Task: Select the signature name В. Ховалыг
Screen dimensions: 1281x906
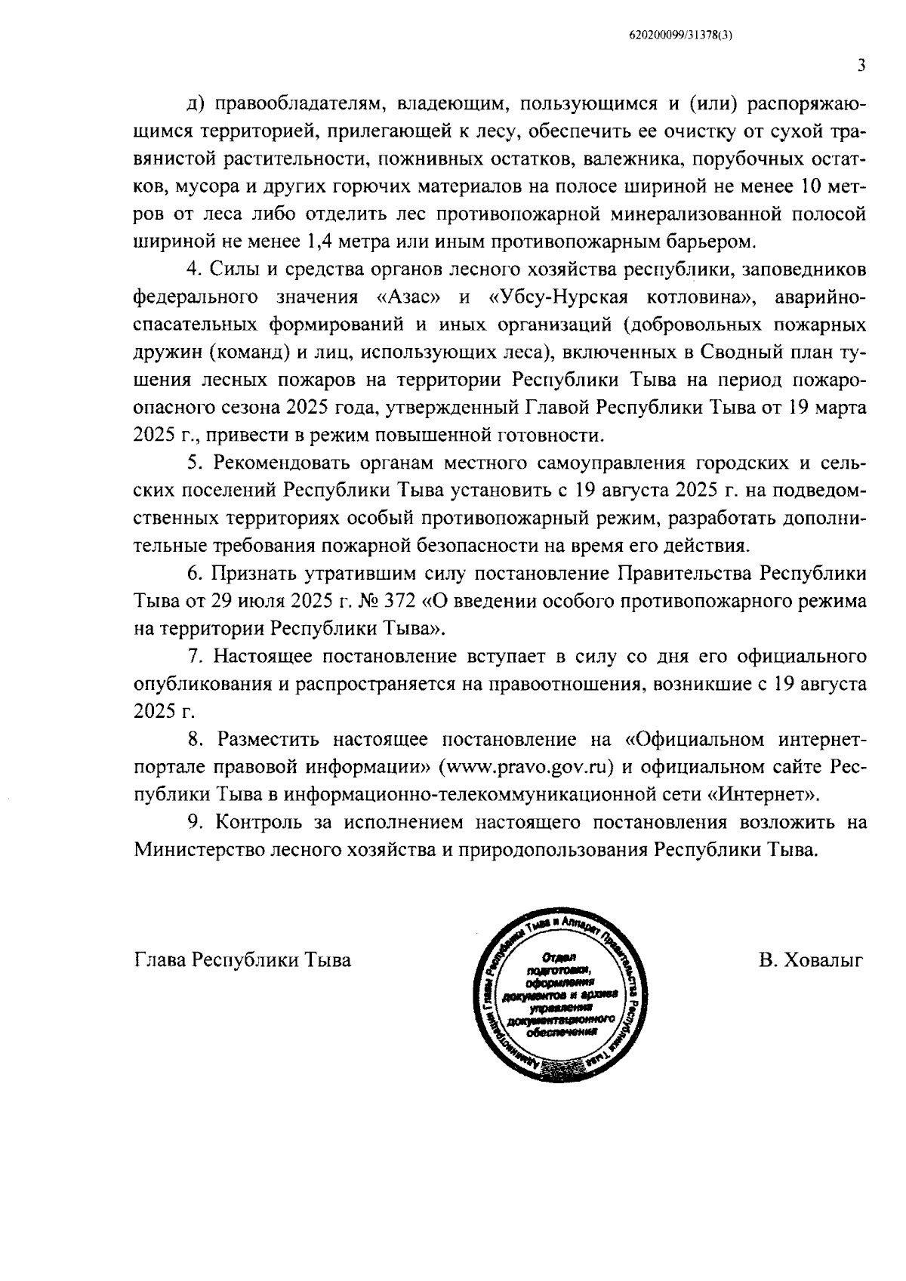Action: (x=811, y=960)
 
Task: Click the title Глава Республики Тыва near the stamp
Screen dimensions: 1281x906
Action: (x=242, y=960)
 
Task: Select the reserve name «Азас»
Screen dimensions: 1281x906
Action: (x=408, y=297)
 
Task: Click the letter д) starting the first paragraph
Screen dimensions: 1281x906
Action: (x=194, y=105)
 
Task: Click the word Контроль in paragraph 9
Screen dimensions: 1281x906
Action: (x=256, y=822)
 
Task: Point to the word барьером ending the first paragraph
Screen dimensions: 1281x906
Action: (x=711, y=242)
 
